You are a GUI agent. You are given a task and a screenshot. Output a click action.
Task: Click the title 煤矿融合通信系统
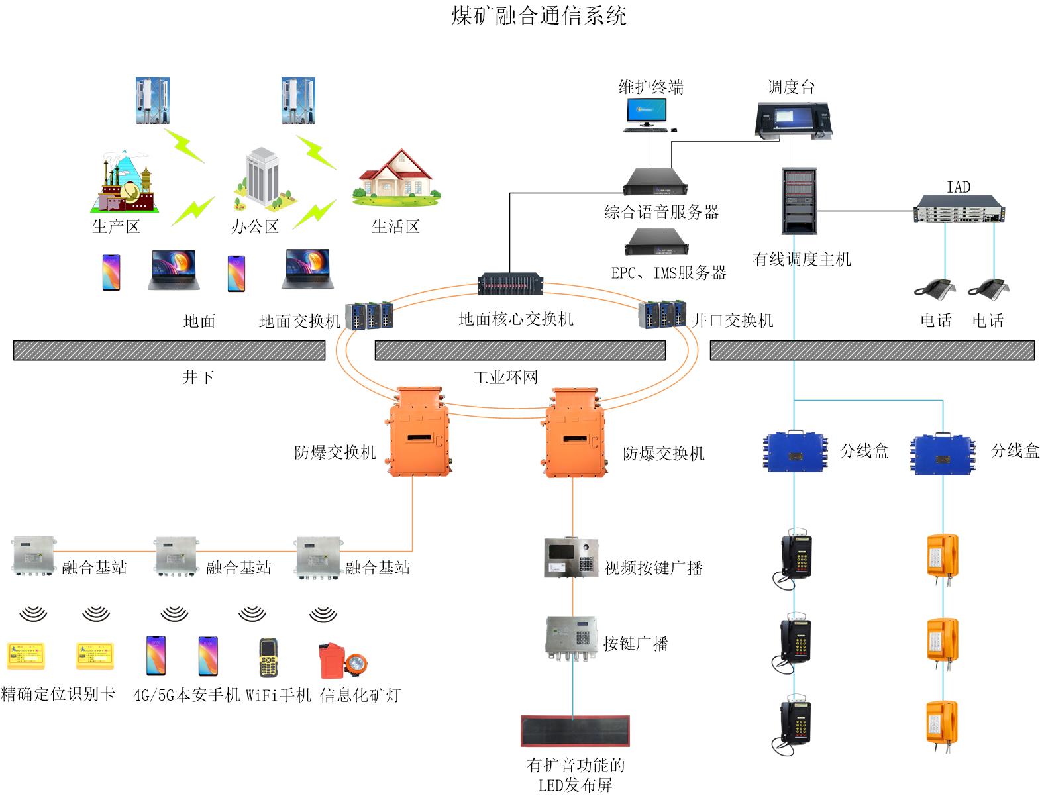coord(539,15)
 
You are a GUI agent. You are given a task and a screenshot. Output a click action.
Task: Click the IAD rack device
coord(959,209)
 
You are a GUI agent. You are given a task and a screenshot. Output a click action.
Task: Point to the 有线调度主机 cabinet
coord(800,201)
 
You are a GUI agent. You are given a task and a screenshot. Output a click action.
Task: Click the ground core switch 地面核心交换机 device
coord(511,284)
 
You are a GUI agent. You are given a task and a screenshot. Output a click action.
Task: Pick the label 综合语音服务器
coord(661,213)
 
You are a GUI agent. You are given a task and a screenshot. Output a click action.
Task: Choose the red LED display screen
coord(574,730)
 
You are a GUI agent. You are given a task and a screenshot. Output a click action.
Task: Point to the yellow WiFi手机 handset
coord(268,658)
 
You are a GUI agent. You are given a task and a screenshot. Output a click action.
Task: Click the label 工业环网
coord(505,377)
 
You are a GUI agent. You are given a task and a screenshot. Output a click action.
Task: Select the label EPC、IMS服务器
coord(668,273)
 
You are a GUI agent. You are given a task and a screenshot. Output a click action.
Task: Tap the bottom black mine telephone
coord(794,724)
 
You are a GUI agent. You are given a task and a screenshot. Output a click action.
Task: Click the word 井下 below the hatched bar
coord(198,377)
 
